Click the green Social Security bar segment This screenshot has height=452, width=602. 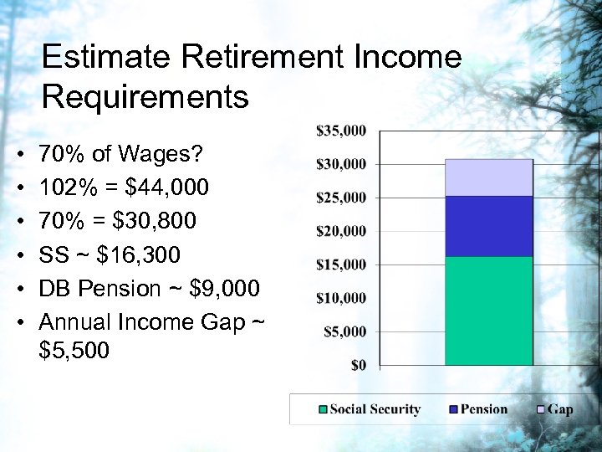(488, 311)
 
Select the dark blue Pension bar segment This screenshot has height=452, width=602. (488, 226)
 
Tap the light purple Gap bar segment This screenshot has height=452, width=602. (488, 177)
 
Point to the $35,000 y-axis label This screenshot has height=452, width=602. (341, 131)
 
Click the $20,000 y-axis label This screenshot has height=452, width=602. (341, 231)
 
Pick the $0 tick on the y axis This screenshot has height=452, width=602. (358, 365)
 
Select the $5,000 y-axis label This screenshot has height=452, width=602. (344, 331)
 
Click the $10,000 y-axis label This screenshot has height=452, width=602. (341, 298)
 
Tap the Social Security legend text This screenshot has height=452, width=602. (375, 409)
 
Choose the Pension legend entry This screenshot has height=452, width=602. (482, 409)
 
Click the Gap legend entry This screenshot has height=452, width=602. (560, 409)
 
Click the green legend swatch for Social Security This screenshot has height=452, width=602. (323, 409)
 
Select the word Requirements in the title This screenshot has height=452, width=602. (145, 97)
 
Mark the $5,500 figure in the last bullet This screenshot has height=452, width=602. (74, 350)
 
